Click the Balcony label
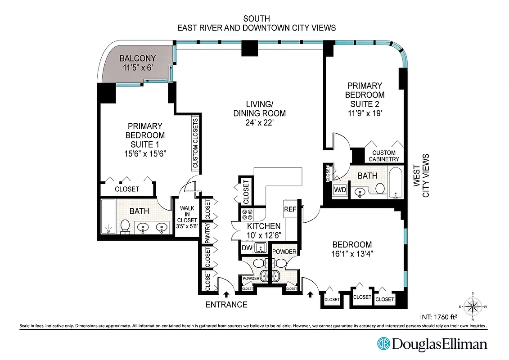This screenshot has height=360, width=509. pyautogui.click(x=138, y=58)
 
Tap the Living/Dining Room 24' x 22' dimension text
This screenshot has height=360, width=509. pyautogui.click(x=259, y=122)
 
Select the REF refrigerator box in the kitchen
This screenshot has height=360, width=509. pyautogui.click(x=289, y=209)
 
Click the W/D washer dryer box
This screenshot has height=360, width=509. pyautogui.click(x=339, y=190)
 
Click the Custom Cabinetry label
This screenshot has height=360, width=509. pyautogui.click(x=383, y=156)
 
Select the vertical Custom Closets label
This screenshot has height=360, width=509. pyautogui.click(x=195, y=144)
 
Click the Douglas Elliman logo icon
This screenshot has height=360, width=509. pyautogui.click(x=383, y=344)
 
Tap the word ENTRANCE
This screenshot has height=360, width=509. pyautogui.click(x=226, y=305)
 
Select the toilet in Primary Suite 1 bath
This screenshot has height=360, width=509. pyautogui.click(x=126, y=226)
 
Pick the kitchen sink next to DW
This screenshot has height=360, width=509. pyautogui.click(x=261, y=247)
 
